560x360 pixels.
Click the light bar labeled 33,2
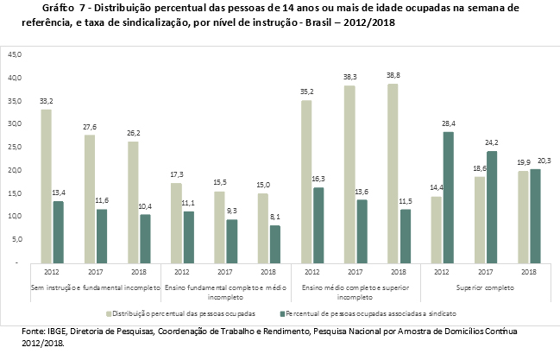46,186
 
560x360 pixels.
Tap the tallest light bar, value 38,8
393,173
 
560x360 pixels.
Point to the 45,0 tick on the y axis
16,54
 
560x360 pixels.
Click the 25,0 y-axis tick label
16,147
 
